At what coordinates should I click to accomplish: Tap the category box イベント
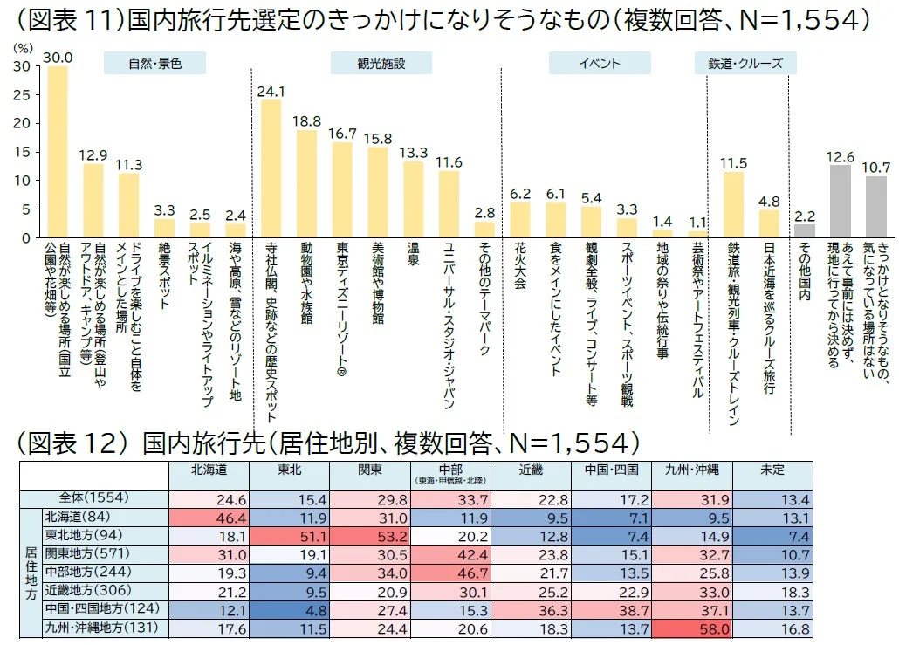599,64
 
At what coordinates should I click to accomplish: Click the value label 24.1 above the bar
271,91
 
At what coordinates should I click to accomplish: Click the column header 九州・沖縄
691,470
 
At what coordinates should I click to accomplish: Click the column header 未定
772,470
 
